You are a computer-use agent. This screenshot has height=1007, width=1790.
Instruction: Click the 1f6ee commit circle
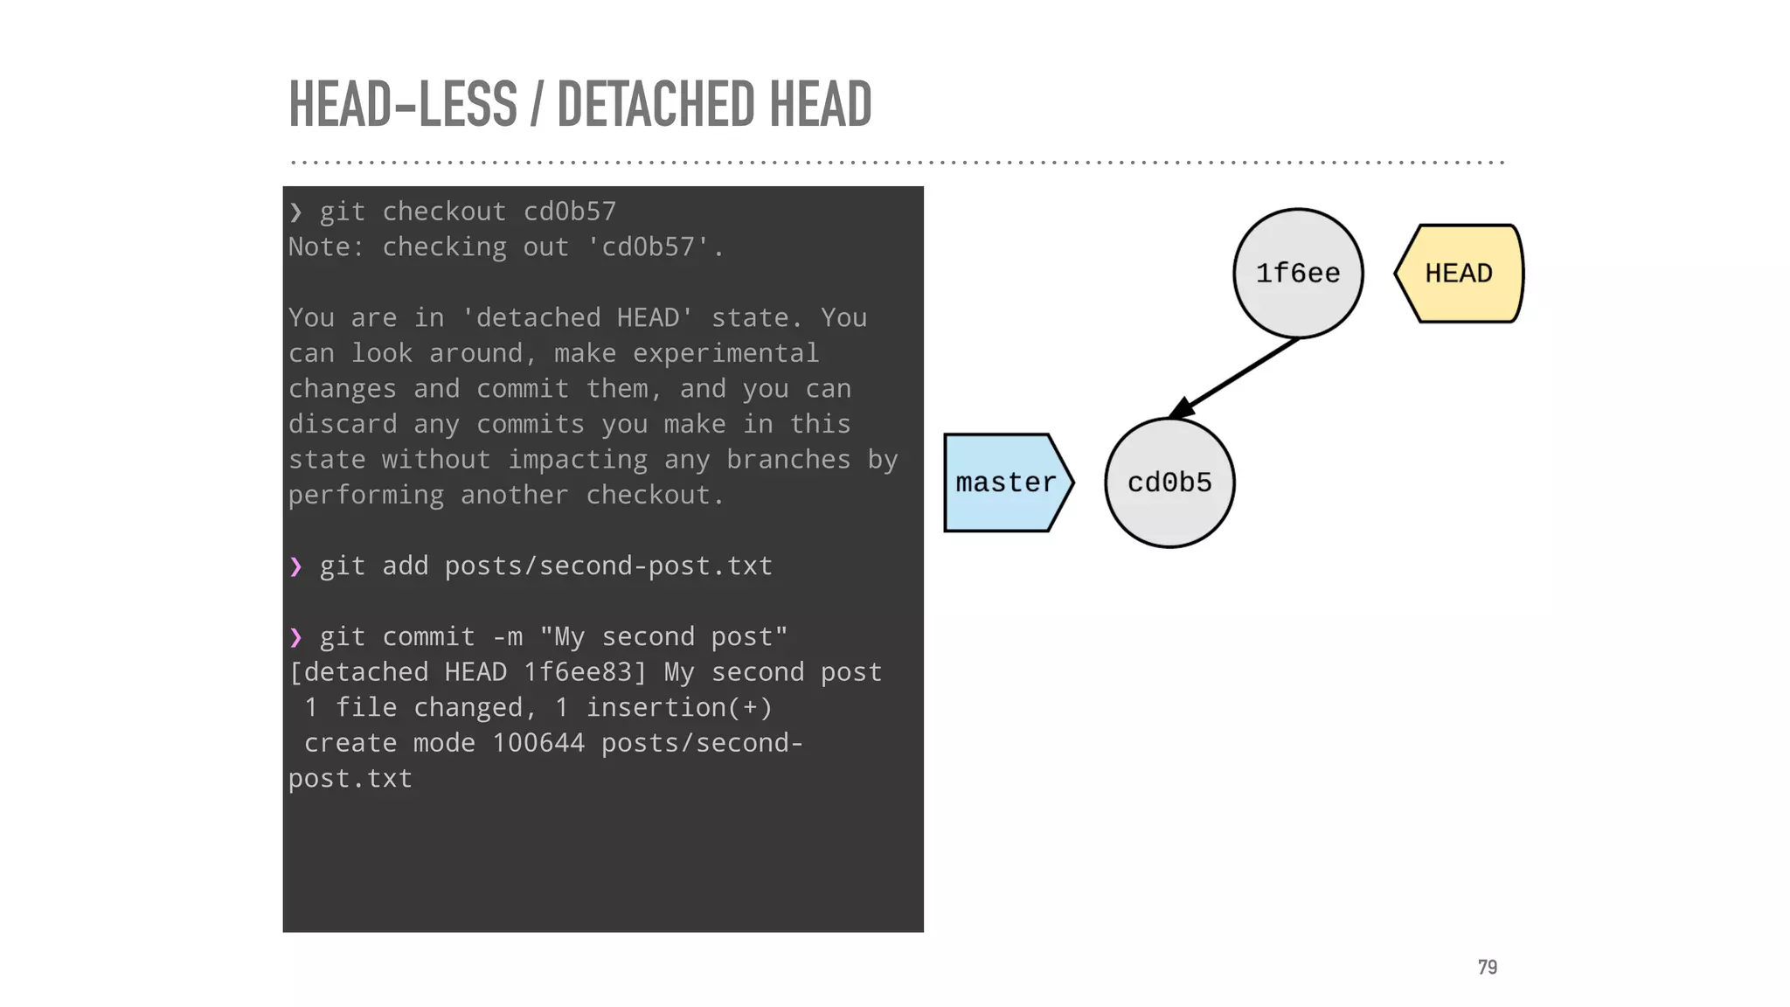point(1298,274)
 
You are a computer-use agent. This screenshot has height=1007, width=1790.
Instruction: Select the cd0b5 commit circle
point(1169,483)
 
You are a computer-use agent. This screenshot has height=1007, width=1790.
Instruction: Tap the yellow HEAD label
point(1459,274)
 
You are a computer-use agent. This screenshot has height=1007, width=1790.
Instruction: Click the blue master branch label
point(1006,483)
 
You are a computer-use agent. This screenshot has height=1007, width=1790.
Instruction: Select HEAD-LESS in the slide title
point(403,104)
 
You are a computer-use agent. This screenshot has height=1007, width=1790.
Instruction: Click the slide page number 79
point(1487,967)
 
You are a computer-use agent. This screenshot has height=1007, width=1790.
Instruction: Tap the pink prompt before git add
point(296,567)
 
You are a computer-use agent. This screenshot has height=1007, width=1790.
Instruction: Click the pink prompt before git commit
point(296,638)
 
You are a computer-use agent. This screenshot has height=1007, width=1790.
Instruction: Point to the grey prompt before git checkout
point(296,212)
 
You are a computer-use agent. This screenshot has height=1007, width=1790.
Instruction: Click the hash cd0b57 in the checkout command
point(570,212)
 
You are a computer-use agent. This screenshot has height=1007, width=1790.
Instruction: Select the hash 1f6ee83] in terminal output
point(585,672)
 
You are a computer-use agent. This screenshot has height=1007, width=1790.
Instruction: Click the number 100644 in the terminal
point(538,743)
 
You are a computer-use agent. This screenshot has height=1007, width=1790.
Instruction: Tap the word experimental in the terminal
point(725,353)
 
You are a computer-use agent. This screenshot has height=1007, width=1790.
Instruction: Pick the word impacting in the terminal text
point(578,460)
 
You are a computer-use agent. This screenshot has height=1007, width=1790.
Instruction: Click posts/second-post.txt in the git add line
point(608,566)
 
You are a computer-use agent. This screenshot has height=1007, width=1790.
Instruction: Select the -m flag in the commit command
point(508,637)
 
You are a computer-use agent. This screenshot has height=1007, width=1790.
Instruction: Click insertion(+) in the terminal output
point(679,707)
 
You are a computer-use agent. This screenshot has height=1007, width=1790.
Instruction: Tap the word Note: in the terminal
point(326,247)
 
